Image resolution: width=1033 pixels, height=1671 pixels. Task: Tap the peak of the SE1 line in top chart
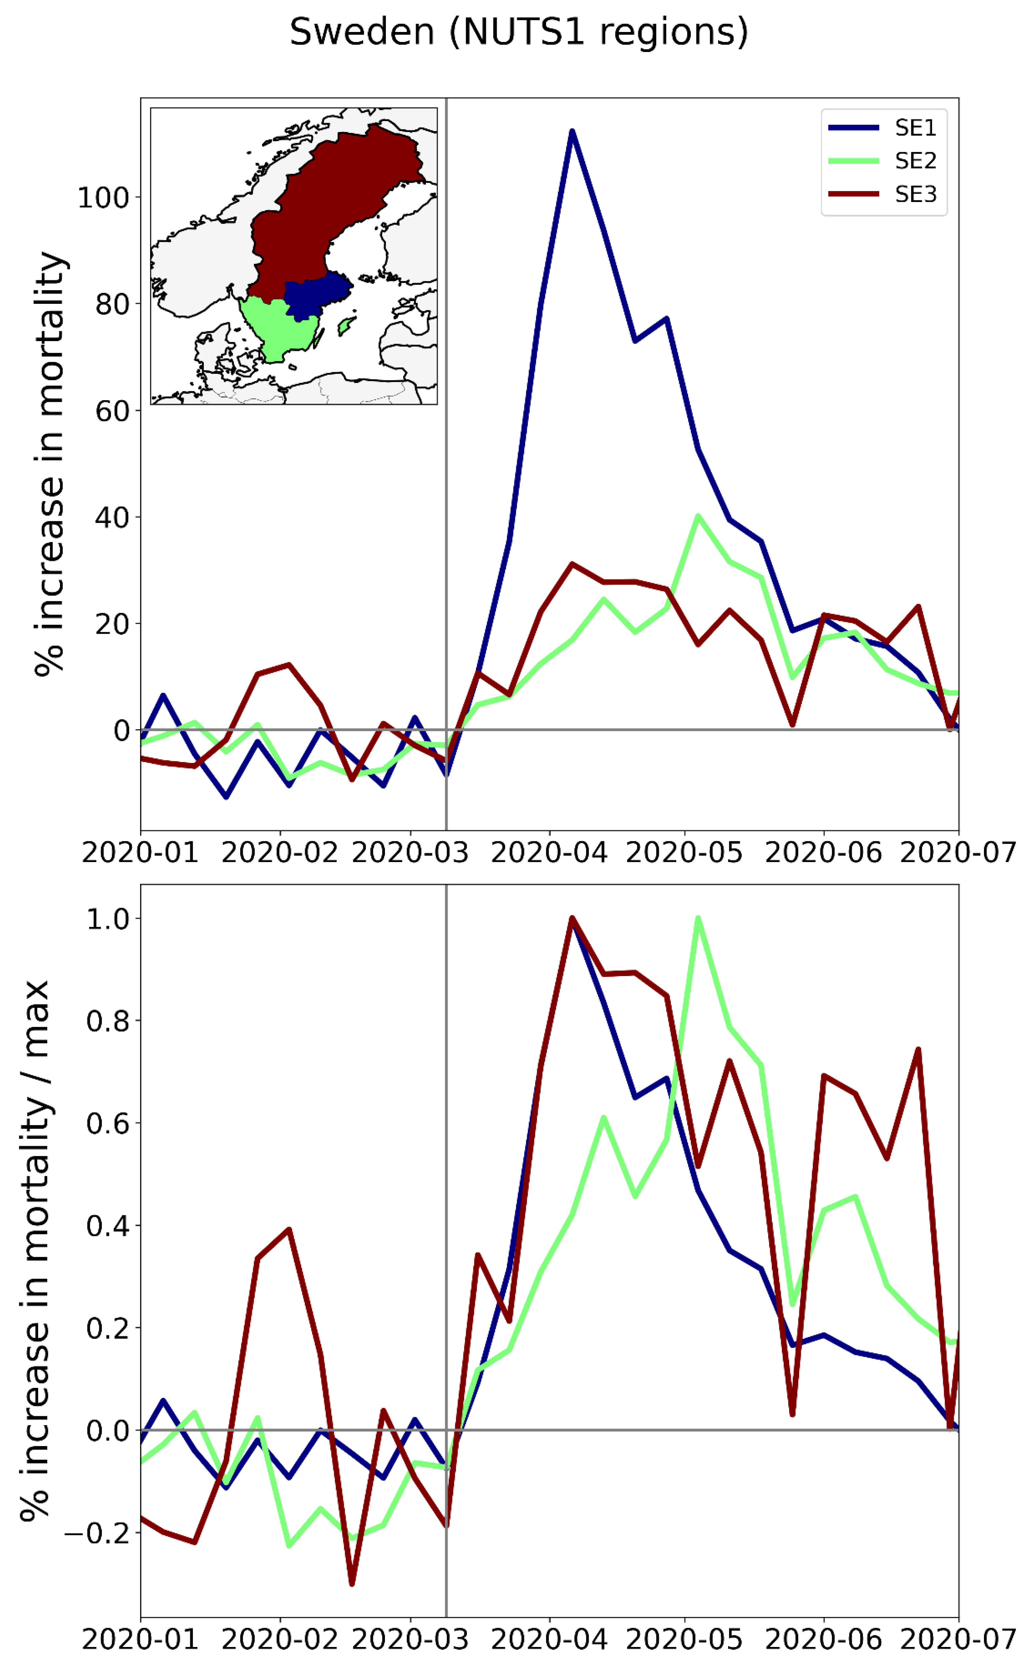(x=572, y=131)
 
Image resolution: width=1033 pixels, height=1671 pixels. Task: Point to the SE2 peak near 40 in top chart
(x=697, y=516)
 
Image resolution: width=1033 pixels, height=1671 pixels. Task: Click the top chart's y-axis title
(x=49, y=465)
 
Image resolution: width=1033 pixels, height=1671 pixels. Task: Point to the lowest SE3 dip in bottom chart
(x=352, y=1584)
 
